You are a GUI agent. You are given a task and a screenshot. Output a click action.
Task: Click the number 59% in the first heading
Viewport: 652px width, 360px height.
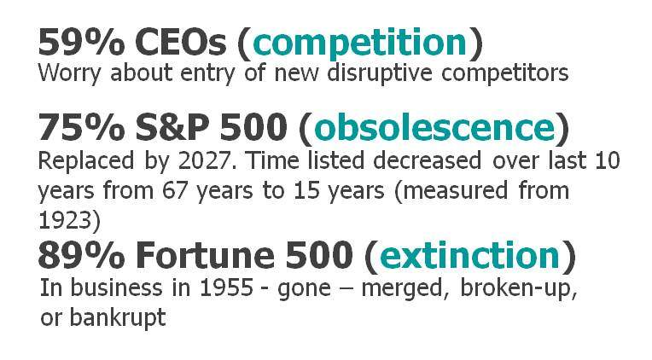[x=82, y=42]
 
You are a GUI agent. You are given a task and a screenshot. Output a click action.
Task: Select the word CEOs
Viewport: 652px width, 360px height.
[x=181, y=42]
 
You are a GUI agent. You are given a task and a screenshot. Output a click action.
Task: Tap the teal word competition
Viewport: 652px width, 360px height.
[x=359, y=44]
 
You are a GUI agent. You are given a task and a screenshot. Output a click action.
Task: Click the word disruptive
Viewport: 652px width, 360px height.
[x=380, y=73]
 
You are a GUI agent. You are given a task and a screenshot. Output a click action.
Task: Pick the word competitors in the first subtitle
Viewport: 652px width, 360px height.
[x=505, y=74]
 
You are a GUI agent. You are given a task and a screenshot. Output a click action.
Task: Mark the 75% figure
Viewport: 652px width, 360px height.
[x=82, y=127]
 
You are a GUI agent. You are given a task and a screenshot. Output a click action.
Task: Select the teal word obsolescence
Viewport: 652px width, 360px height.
[x=434, y=127]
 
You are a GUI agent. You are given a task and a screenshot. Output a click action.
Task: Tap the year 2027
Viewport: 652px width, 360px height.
[x=204, y=161]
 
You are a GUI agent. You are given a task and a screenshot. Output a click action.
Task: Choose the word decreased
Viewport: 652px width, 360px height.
[x=427, y=161]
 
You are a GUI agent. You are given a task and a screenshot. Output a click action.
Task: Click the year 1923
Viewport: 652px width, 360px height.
[x=65, y=221]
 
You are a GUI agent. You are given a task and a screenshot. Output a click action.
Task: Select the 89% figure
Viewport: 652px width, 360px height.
[x=82, y=255]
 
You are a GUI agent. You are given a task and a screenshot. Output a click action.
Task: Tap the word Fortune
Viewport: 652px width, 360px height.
[x=205, y=255]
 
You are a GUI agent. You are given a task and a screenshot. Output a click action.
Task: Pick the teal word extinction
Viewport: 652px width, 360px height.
[x=470, y=255]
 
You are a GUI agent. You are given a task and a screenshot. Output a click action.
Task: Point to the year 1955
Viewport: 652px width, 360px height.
[x=227, y=287]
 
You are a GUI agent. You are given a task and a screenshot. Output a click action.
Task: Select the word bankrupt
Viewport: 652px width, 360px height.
[x=117, y=318]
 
